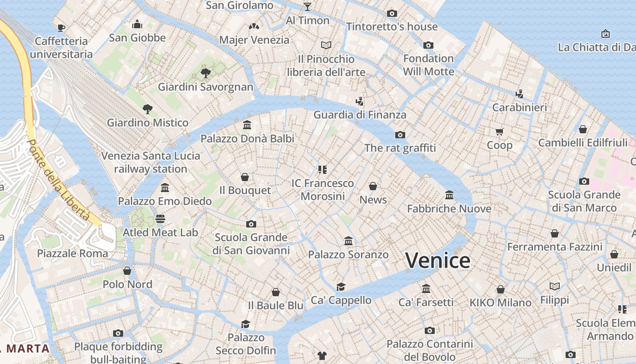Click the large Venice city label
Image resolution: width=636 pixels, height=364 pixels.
coord(437,261)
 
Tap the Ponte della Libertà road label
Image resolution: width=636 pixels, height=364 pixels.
coord(58,180)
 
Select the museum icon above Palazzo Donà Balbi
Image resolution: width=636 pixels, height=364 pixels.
coord(247,125)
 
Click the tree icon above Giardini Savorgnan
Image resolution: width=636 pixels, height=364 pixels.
coord(205,73)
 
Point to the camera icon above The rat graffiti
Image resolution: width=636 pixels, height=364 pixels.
coord(400,135)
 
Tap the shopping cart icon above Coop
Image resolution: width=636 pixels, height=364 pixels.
coord(500,132)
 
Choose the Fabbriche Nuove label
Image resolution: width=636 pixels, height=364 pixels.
coord(449,209)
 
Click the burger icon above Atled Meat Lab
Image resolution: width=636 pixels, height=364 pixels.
coord(160,219)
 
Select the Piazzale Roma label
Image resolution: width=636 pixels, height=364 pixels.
coord(73,253)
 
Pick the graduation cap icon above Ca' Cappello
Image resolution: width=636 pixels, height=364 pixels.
coord(341,287)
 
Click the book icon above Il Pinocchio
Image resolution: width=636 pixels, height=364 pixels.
coord(326,45)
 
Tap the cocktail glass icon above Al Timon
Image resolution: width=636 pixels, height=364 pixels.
coord(308,6)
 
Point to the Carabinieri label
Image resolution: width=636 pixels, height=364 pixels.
coord(520,108)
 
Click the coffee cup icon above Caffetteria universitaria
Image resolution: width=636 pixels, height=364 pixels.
coord(61,28)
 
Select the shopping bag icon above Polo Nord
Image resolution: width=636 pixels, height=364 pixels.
coord(127,271)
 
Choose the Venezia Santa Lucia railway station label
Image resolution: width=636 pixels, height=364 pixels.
coord(150,162)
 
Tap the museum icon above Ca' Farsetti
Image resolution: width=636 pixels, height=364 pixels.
coord(426,288)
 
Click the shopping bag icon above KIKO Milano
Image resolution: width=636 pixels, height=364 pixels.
coord(500,289)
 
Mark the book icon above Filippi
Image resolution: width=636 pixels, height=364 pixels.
coord(555,286)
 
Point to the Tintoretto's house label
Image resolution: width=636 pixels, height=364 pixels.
coord(392,27)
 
